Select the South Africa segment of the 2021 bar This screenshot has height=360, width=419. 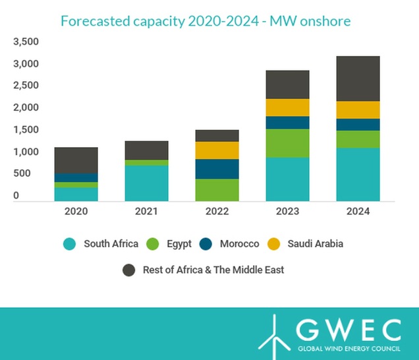(x=146, y=183)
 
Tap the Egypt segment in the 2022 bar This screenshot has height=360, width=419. (x=217, y=189)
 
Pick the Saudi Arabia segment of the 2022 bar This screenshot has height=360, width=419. (x=217, y=150)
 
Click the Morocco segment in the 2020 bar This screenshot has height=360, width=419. (x=76, y=177)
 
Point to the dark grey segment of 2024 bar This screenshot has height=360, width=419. (x=358, y=78)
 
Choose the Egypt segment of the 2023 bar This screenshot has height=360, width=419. (x=287, y=143)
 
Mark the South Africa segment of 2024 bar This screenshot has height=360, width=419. (x=358, y=174)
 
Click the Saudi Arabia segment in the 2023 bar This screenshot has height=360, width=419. (x=287, y=107)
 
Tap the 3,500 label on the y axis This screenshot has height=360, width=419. (x=26, y=42)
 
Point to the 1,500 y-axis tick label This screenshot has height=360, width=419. (x=26, y=130)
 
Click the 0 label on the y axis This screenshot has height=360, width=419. (x=15, y=196)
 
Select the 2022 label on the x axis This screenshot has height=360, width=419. (x=217, y=212)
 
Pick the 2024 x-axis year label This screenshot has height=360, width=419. (x=358, y=212)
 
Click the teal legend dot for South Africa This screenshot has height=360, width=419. (x=69, y=244)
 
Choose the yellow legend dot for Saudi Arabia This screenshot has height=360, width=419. (x=273, y=244)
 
